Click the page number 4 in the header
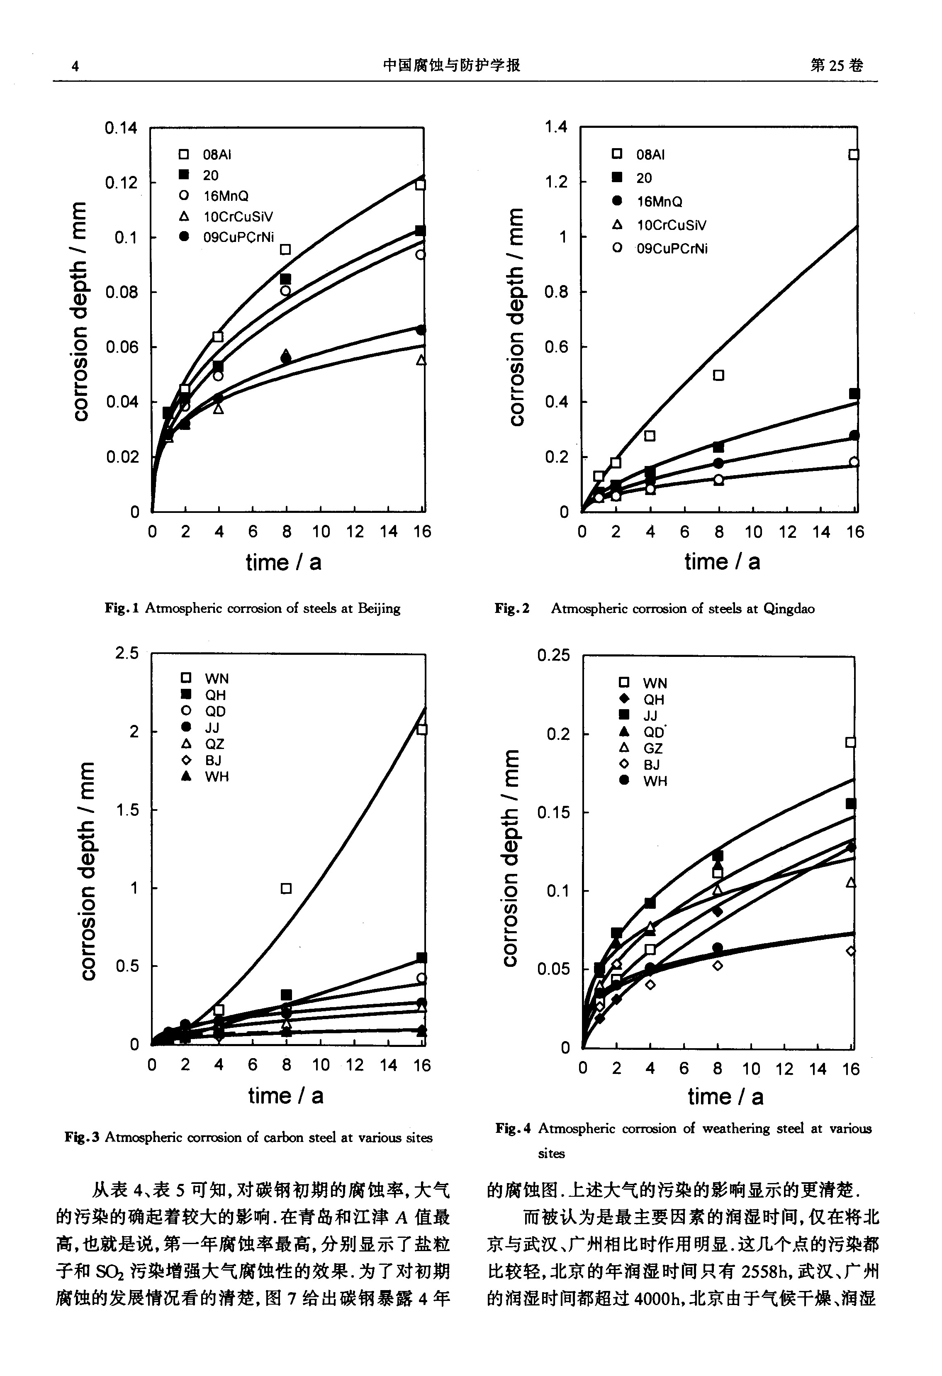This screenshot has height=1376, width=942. pyautogui.click(x=75, y=66)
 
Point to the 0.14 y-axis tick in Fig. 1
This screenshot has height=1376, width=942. pyautogui.click(x=121, y=128)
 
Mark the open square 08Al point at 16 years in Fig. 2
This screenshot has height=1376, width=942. pyautogui.click(x=853, y=154)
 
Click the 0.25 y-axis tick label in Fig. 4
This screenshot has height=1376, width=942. pyautogui.click(x=553, y=656)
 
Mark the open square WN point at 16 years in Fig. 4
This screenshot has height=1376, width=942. pyautogui.click(x=850, y=742)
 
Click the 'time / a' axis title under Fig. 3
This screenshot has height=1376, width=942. pyautogui.click(x=286, y=1095)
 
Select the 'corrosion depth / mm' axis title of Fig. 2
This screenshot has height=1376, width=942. pyautogui.click(x=516, y=317)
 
